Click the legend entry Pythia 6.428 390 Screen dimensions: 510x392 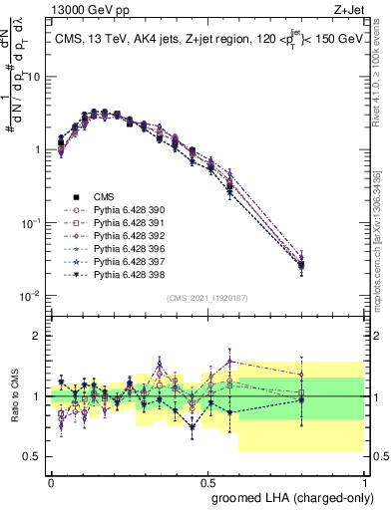point(116,210)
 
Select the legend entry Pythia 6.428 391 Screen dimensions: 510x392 point(116,224)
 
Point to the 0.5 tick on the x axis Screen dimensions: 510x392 point(206,481)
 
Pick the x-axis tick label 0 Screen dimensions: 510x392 point(51,481)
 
